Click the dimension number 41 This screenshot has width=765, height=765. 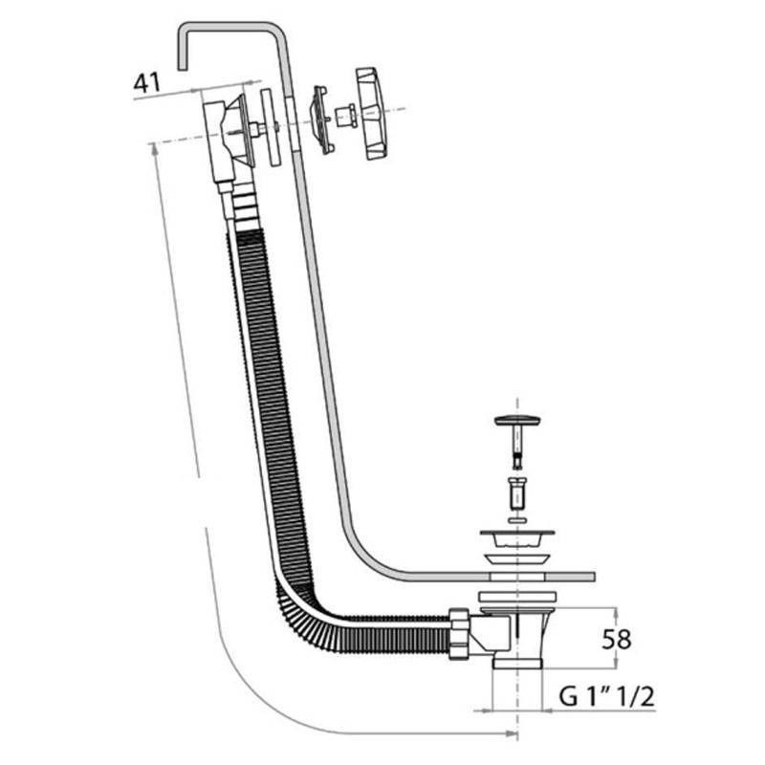pyautogui.click(x=147, y=83)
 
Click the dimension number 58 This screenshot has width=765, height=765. pyautogui.click(x=616, y=639)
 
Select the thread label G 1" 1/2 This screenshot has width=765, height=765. pyautogui.click(x=606, y=697)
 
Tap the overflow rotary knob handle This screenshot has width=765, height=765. pyautogui.click(x=371, y=113)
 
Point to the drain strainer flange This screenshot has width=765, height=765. pyautogui.click(x=517, y=537)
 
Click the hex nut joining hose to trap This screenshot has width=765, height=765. pyautogui.click(x=460, y=634)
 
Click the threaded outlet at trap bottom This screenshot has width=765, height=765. pyautogui.click(x=516, y=663)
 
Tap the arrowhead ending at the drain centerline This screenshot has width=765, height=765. pyautogui.click(x=512, y=733)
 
